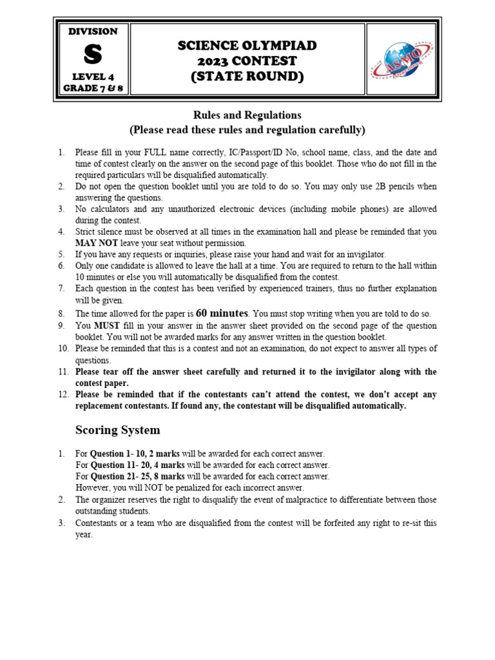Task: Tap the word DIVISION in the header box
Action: click(x=93, y=32)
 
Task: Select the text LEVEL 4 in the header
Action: click(x=93, y=76)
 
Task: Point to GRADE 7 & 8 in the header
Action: click(x=93, y=88)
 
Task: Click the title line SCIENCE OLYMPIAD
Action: click(x=247, y=46)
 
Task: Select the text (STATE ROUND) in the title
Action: click(x=247, y=77)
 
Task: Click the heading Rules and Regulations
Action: click(x=247, y=115)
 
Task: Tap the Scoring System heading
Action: click(x=118, y=430)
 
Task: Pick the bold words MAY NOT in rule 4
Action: click(x=95, y=244)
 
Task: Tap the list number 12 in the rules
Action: click(x=63, y=394)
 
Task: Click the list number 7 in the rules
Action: click(x=61, y=289)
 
